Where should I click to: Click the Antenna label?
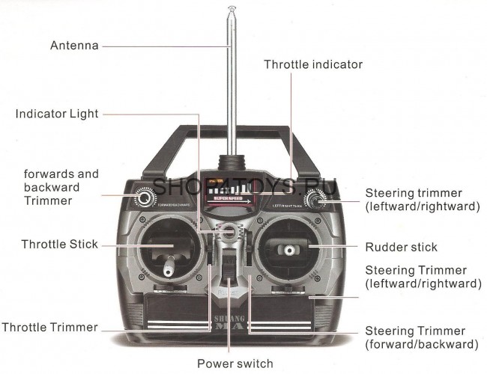[x=74, y=46]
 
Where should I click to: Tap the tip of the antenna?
[x=232, y=10]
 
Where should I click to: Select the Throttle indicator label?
[x=313, y=65]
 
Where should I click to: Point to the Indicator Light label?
[x=57, y=114]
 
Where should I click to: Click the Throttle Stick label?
[x=60, y=245]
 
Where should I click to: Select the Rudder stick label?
[x=401, y=247]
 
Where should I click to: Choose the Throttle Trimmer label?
[x=49, y=328]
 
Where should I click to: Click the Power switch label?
[x=235, y=364]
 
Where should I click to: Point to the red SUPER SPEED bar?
[x=229, y=200]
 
